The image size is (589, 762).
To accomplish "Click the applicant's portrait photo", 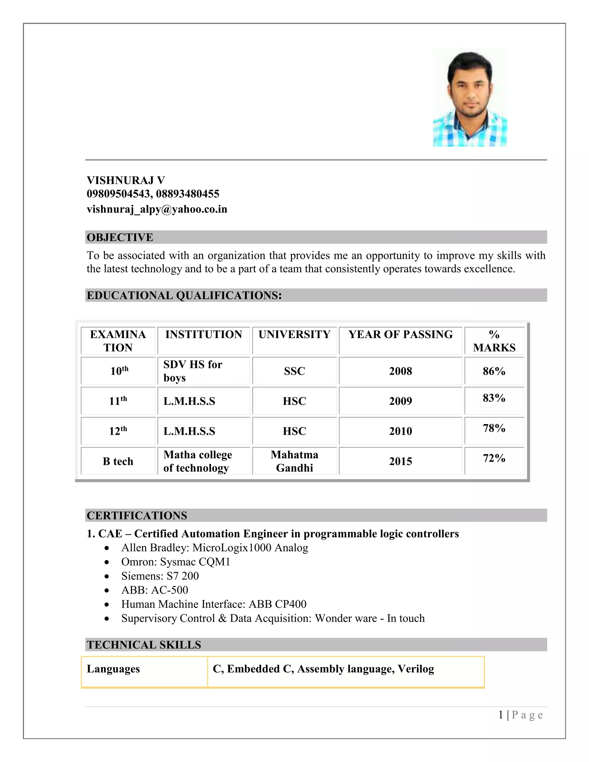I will (470, 98).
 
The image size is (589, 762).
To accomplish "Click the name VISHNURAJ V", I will (126, 180).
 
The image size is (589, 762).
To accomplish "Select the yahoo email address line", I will (157, 209).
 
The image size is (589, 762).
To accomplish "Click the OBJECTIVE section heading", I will (120, 237).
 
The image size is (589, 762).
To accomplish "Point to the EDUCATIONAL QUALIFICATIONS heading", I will (184, 295).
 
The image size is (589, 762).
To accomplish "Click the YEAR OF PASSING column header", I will (400, 334).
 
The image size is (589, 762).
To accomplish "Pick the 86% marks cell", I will (494, 371).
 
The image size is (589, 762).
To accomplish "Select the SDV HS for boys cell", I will (192, 371).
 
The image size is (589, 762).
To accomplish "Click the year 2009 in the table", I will (400, 401).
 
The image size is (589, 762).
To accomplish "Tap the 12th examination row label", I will (118, 431).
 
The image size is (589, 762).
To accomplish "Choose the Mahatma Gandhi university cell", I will (294, 461).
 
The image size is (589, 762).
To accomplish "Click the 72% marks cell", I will (494, 458).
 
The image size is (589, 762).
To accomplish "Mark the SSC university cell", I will (294, 371).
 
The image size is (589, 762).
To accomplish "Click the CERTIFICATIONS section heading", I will (137, 515).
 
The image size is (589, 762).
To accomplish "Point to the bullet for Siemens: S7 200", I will (107, 576).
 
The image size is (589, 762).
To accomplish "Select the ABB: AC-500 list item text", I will (154, 590).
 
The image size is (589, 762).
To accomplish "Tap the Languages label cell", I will (113, 669).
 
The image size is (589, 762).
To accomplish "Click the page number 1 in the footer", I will (501, 715).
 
